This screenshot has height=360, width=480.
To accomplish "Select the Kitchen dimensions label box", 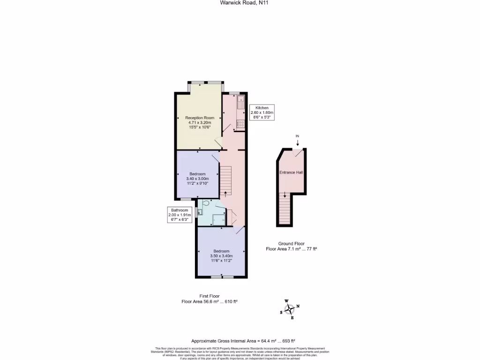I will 262,112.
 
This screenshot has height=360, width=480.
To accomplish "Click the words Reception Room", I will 200,118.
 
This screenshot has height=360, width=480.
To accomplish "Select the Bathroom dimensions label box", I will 179,215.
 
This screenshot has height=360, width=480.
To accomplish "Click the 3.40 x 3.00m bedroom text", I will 197,179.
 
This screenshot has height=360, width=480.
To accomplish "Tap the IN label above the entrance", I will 297,136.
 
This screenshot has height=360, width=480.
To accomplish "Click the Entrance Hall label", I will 291,172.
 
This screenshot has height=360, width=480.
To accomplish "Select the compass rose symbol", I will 290,309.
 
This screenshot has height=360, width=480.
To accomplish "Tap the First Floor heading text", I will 210,296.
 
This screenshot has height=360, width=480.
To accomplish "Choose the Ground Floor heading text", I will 291,244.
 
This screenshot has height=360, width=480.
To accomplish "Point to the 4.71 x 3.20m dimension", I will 200,122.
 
